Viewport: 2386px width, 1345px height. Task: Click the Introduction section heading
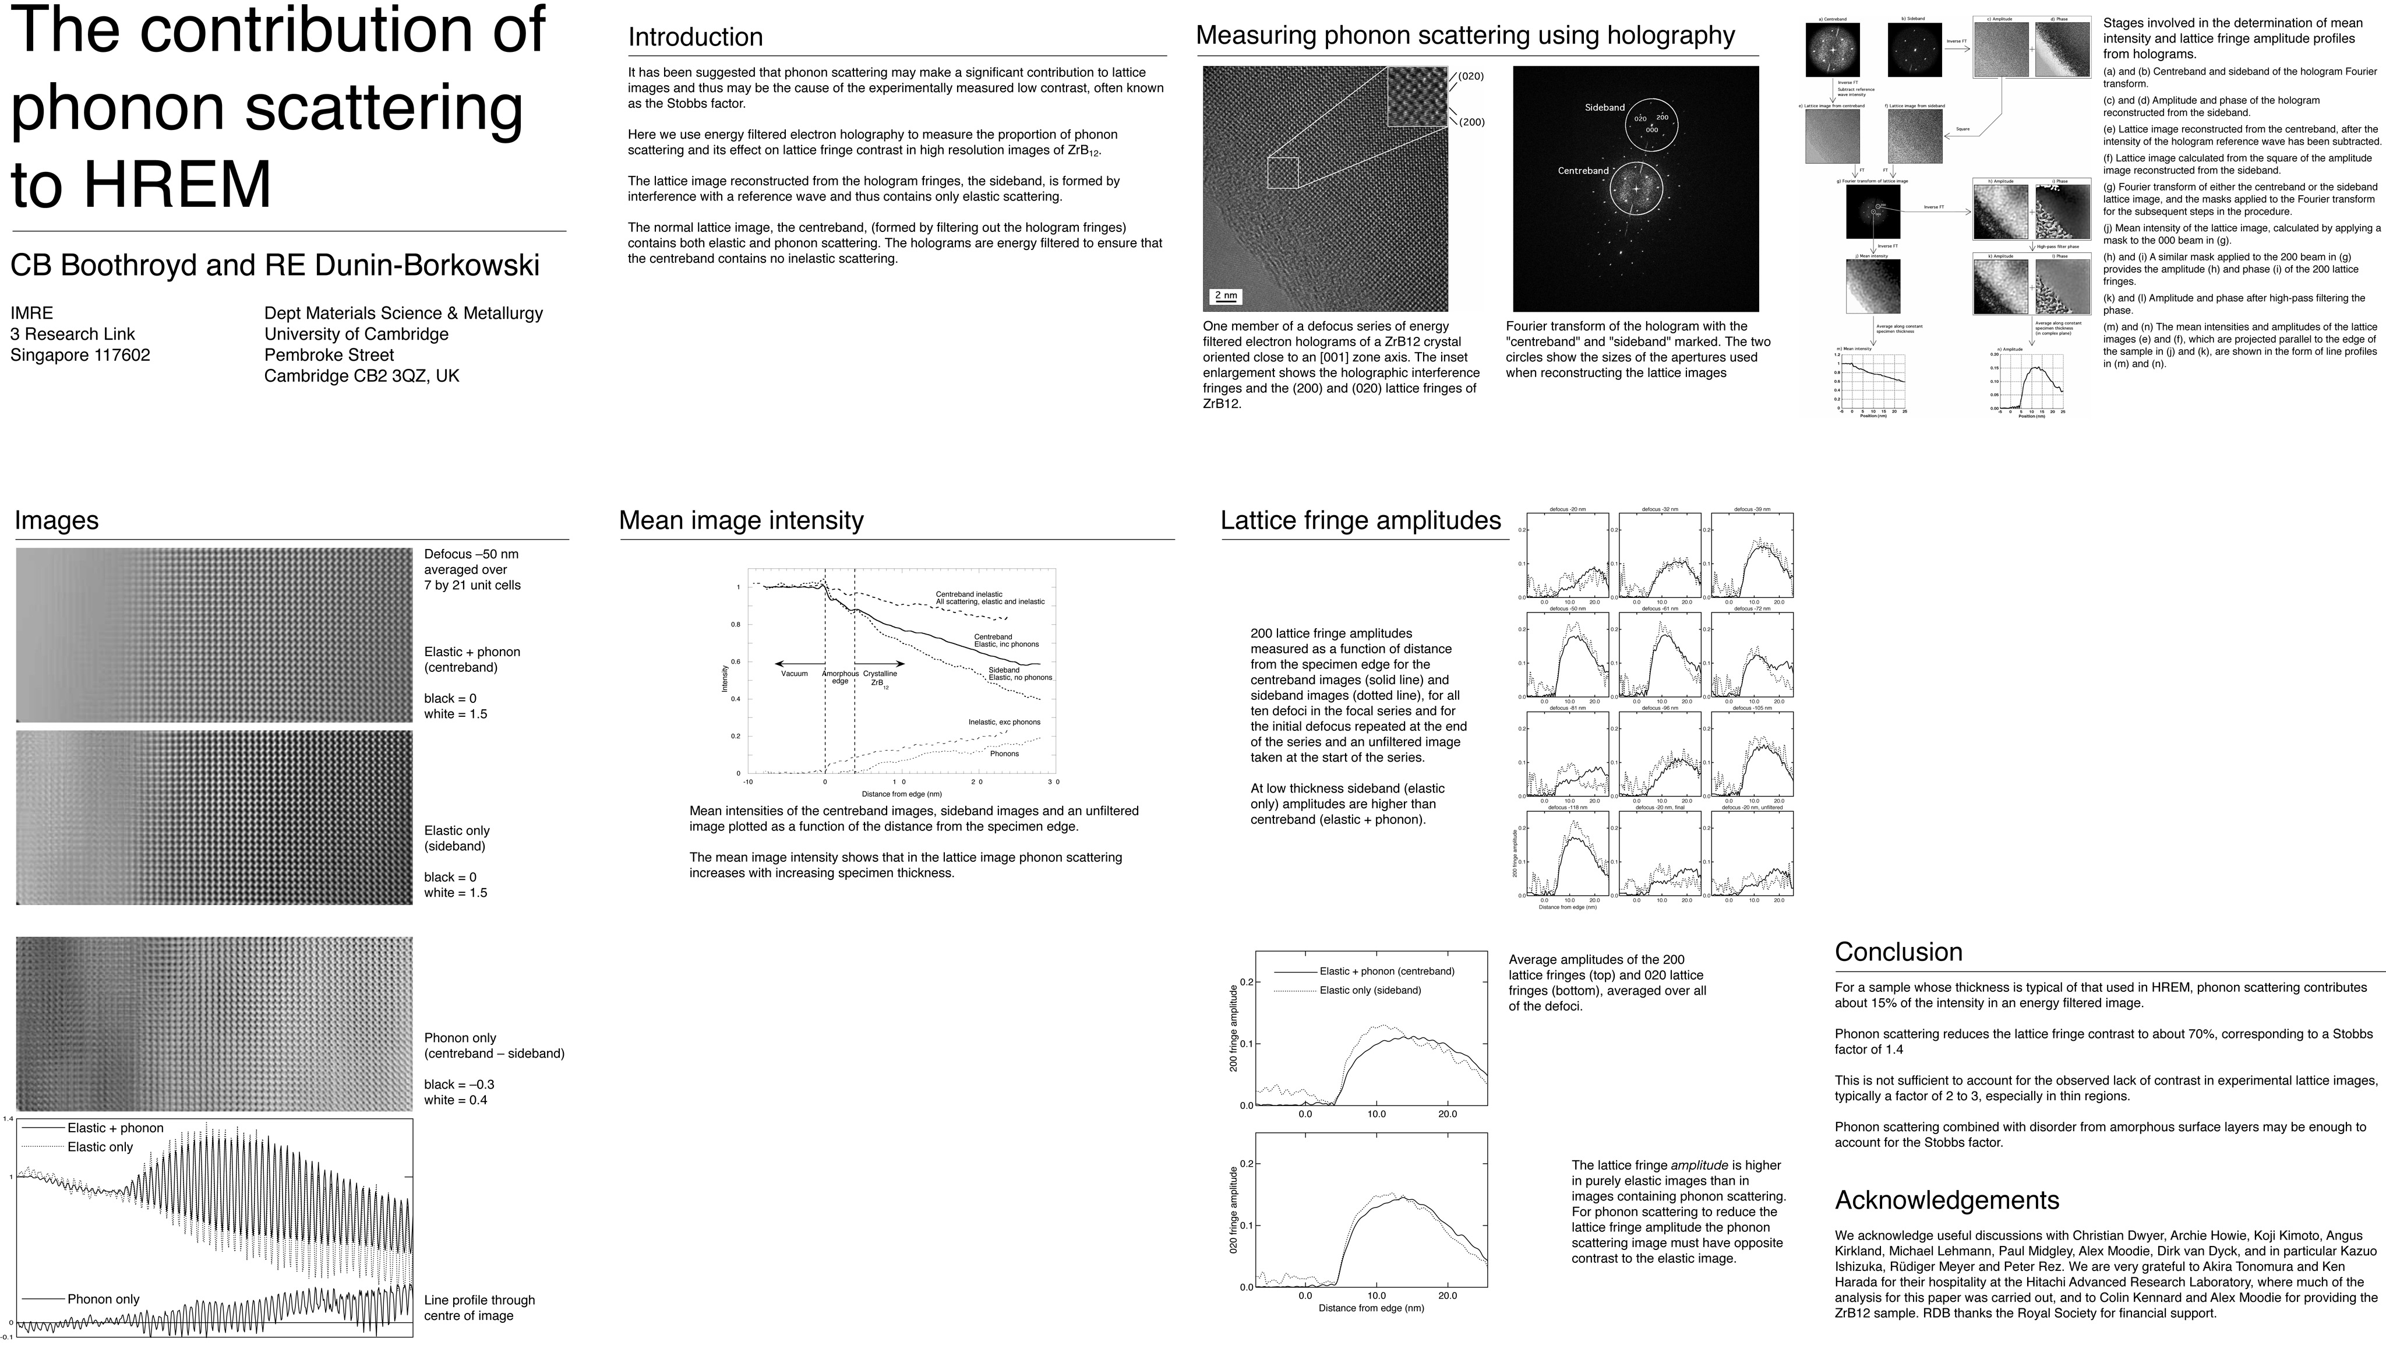pyautogui.click(x=695, y=37)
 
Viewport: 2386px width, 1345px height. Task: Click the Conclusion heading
pyautogui.click(x=1898, y=952)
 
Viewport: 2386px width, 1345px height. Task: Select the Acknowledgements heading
pyautogui.click(x=1946, y=1200)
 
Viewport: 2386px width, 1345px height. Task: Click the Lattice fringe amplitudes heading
pyautogui.click(x=1360, y=520)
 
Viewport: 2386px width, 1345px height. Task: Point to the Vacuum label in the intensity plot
pyautogui.click(x=794, y=674)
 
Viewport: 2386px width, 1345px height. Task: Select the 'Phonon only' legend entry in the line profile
pyautogui.click(x=103, y=1299)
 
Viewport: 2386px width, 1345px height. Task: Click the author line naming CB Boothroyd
pyautogui.click(x=274, y=265)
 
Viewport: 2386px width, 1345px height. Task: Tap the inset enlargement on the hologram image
pyautogui.click(x=1416, y=96)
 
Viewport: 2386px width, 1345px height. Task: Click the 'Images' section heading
pyautogui.click(x=57, y=520)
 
